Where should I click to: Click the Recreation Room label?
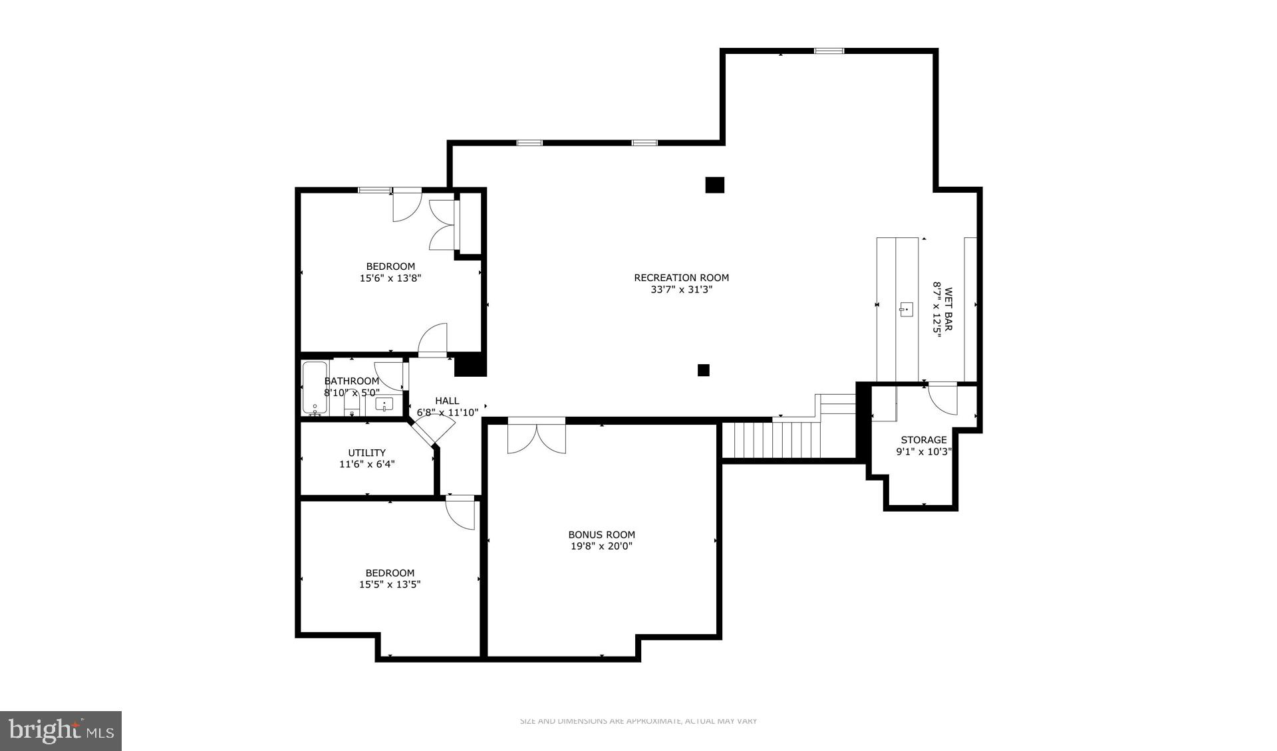coord(681,278)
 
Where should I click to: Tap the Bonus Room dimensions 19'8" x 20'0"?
coord(601,546)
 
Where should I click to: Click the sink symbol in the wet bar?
coord(906,309)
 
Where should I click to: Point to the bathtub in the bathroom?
coord(315,388)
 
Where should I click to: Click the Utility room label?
coord(366,453)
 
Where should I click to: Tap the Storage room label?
coord(923,440)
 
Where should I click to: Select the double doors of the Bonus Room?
coord(536,437)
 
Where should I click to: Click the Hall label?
coord(447,401)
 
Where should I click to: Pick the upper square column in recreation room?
coord(714,185)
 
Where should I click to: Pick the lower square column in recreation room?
coord(703,370)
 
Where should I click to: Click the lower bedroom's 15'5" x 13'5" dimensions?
coord(390,585)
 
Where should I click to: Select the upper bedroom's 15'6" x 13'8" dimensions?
coord(390,278)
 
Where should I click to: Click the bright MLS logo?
coord(61,731)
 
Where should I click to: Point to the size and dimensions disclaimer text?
coord(638,721)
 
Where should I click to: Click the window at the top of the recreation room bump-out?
coord(829,51)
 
